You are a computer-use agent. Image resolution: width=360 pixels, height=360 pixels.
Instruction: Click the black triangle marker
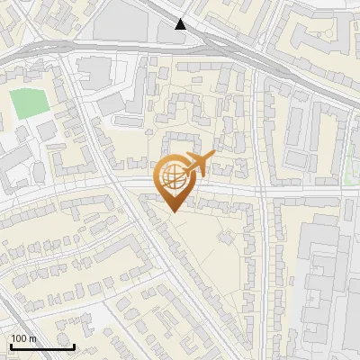click(x=181, y=24)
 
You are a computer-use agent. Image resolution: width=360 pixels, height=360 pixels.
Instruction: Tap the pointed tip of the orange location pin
click(x=173, y=211)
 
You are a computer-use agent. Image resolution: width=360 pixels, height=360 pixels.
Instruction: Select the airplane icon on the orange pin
click(x=198, y=164)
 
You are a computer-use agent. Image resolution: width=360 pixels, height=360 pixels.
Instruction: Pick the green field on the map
click(x=30, y=103)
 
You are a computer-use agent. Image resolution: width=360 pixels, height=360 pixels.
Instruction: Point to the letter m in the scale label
click(x=33, y=339)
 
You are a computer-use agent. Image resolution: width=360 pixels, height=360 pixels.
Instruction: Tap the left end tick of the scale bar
click(x=10, y=346)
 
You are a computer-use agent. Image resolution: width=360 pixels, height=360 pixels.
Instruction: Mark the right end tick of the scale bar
click(x=74, y=346)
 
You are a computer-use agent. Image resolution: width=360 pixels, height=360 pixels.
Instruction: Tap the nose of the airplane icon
click(x=214, y=157)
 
